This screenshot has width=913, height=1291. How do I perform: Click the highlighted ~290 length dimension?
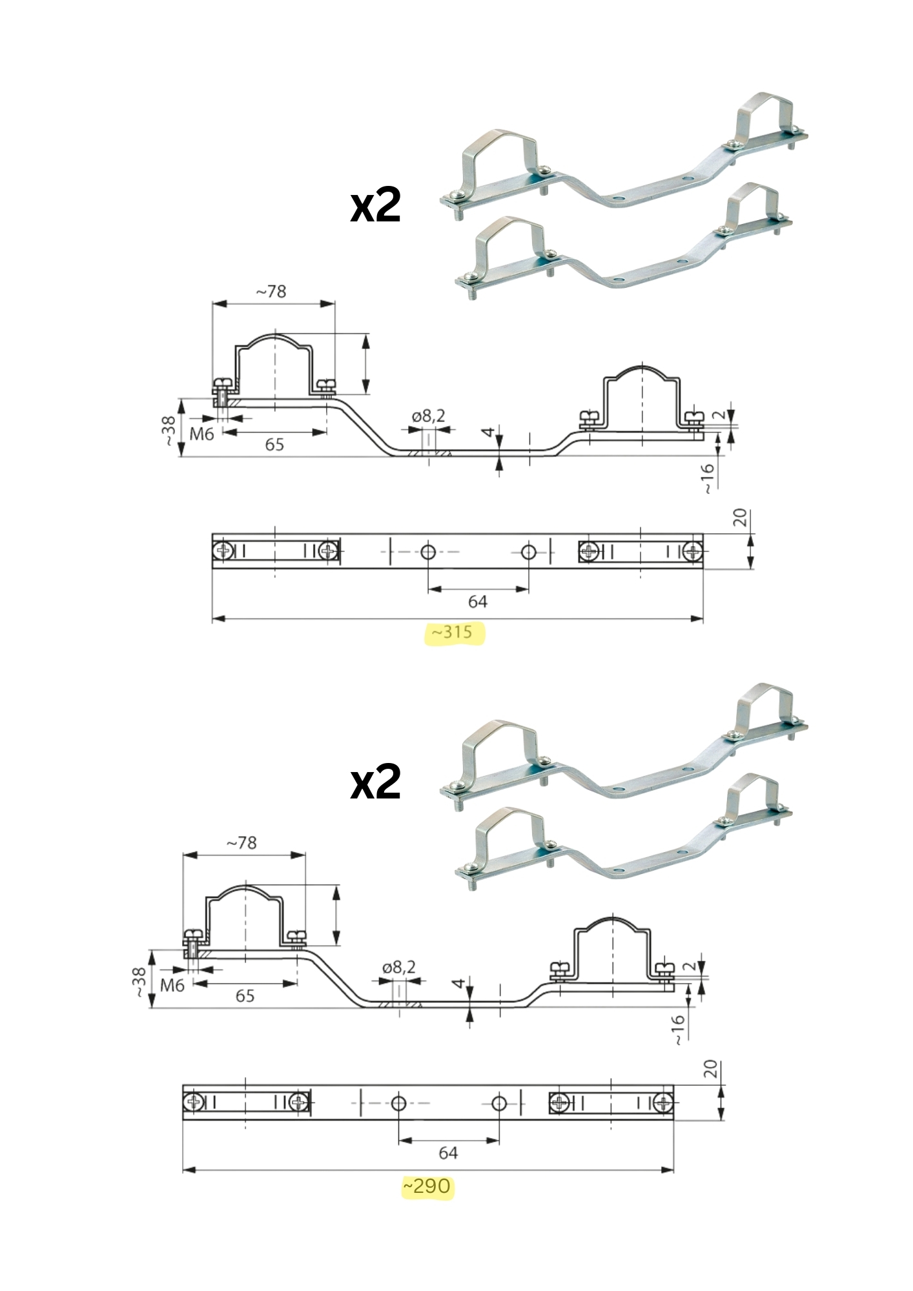[427, 1186]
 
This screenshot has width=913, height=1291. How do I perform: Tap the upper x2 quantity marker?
[375, 206]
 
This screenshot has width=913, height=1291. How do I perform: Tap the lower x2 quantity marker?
[375, 782]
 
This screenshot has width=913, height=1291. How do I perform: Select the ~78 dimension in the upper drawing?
[271, 292]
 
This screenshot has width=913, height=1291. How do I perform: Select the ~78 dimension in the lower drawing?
[241, 843]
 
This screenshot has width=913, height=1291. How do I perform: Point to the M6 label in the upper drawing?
[201, 434]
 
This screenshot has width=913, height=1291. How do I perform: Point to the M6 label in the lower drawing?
[172, 985]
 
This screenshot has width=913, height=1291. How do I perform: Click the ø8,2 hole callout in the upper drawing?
[429, 416]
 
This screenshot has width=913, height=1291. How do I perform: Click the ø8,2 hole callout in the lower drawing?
[399, 967]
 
